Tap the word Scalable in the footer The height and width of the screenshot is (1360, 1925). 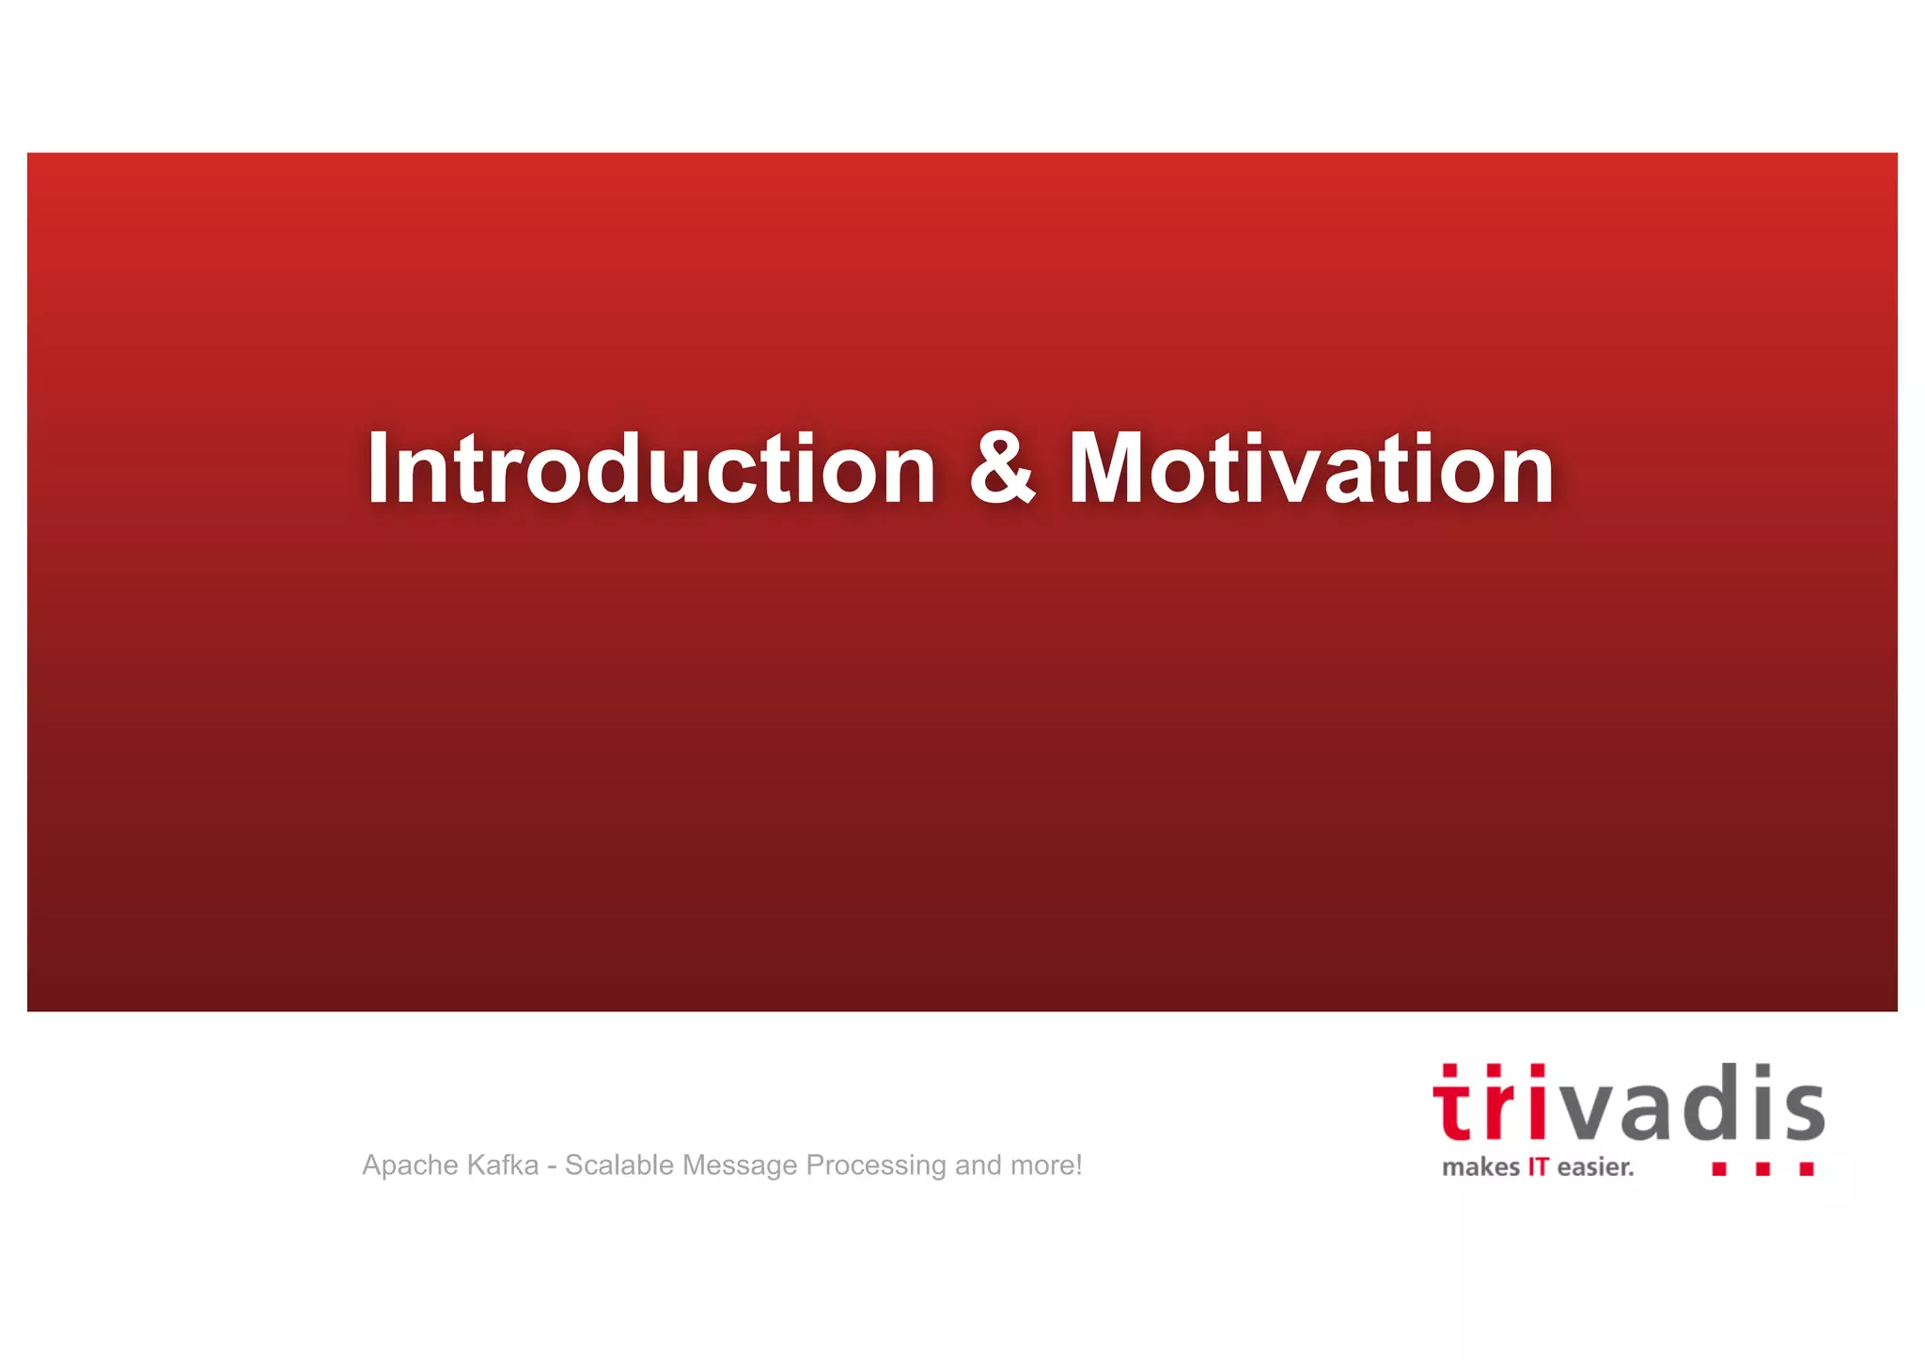[618, 1165]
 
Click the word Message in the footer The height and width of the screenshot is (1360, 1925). [740, 1166]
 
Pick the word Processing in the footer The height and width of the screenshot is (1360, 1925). [876, 1166]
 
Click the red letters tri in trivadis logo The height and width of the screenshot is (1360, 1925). [1488, 1105]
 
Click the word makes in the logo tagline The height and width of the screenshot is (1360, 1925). [1480, 1167]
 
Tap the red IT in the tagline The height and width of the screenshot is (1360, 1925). [1538, 1167]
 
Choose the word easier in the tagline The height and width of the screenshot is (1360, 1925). [1595, 1167]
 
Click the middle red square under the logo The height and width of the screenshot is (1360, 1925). [1763, 1168]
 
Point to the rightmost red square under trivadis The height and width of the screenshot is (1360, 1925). [1807, 1168]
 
